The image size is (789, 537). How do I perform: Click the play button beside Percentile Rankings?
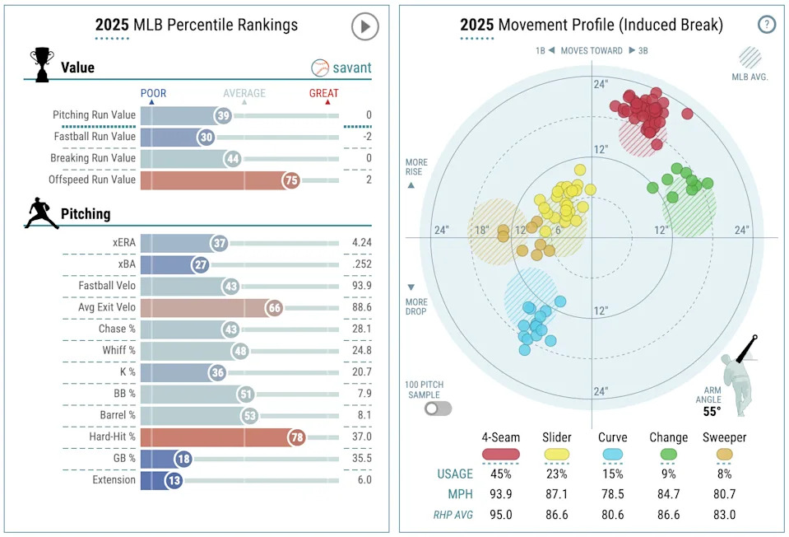(x=364, y=26)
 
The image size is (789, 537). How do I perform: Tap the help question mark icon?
(x=766, y=25)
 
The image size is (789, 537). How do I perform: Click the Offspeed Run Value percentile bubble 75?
(x=290, y=180)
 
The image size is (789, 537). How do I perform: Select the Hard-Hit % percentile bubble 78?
(x=296, y=437)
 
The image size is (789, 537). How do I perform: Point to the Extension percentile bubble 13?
(x=173, y=479)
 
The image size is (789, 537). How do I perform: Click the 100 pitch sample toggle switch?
(x=438, y=408)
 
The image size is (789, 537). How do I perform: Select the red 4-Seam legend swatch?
(x=500, y=453)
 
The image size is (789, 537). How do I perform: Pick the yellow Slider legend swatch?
(x=557, y=453)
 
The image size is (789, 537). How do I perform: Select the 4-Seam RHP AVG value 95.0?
(x=500, y=515)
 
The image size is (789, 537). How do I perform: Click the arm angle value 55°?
(x=712, y=412)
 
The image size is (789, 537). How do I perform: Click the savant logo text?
(x=351, y=68)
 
